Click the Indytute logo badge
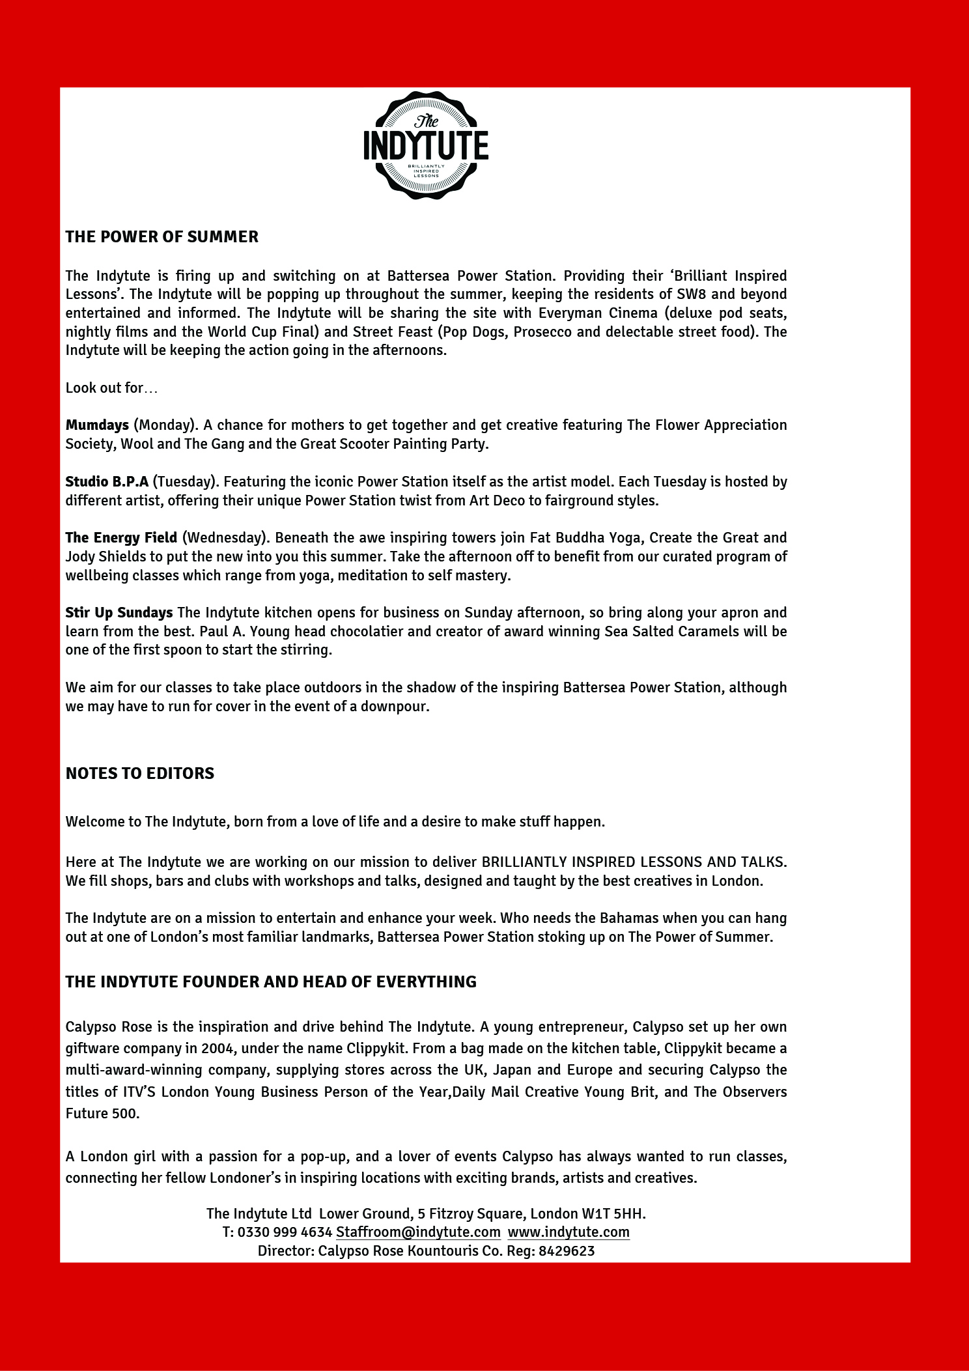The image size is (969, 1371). [426, 145]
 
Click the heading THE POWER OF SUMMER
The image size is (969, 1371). [161, 236]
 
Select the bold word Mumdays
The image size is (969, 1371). [97, 425]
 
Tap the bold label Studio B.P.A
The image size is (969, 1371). [107, 482]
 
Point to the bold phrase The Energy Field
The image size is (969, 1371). [121, 538]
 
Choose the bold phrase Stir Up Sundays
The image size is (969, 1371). [119, 613]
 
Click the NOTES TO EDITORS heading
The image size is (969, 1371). [139, 773]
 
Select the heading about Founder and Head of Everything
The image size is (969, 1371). [271, 982]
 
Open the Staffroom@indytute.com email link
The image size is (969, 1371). [418, 1232]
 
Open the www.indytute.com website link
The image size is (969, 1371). [569, 1232]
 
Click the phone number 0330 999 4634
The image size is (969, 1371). [285, 1232]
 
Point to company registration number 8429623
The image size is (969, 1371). [567, 1251]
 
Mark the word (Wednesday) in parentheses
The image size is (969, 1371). [225, 538]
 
